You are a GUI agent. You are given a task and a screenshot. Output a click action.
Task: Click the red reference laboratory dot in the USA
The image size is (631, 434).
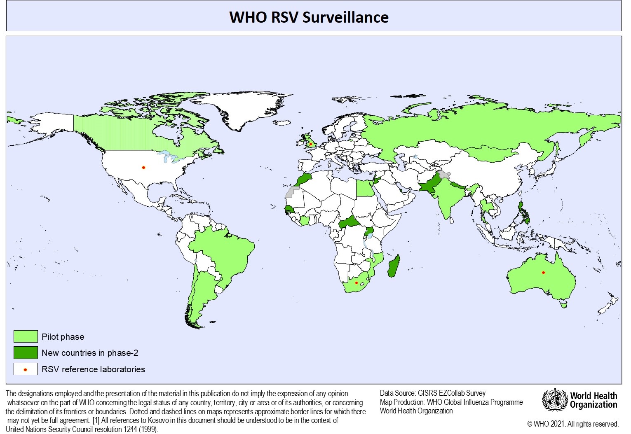(143, 167)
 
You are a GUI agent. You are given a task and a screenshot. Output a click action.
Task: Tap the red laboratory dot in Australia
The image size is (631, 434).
(543, 272)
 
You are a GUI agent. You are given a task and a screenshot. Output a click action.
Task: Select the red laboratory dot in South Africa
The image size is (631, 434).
(356, 283)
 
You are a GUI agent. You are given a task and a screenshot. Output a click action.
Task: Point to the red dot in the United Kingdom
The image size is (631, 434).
(310, 144)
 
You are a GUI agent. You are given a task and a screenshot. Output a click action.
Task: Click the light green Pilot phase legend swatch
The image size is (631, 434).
(26, 336)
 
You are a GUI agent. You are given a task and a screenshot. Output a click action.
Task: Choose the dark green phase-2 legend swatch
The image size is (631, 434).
(26, 352)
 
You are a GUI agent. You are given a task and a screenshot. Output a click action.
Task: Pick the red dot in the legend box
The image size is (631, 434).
(26, 369)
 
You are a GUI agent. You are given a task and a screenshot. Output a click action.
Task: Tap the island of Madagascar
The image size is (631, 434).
(394, 266)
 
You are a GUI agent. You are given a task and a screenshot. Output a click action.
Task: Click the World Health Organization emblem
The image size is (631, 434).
(554, 399)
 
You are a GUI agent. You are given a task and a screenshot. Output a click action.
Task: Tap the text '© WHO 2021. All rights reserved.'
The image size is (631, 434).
(573, 424)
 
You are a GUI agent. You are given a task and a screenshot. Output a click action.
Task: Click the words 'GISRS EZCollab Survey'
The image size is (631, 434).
(451, 393)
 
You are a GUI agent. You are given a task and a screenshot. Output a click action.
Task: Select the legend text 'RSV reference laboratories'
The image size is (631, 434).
(93, 369)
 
